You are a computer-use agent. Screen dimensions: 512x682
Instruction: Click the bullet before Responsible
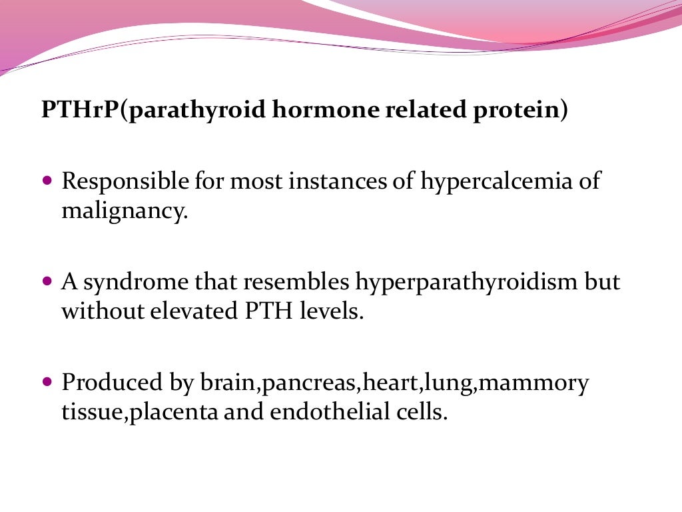47,181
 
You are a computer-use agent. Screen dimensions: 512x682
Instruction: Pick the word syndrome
140,283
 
